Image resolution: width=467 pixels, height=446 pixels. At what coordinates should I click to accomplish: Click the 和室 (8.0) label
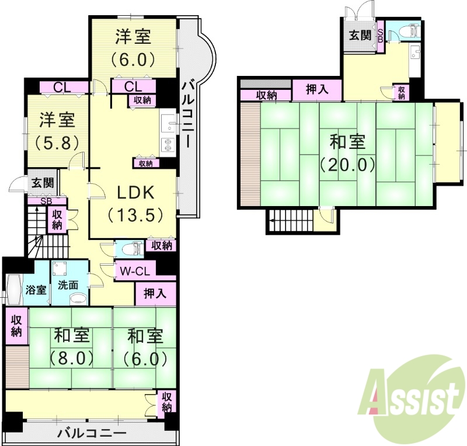tap(72, 347)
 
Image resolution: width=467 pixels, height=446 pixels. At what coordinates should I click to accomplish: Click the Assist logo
tap(412, 399)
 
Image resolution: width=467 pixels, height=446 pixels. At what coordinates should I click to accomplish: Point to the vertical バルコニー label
tap(188, 114)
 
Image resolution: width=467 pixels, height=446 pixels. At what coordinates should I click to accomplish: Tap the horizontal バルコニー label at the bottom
tap(92, 434)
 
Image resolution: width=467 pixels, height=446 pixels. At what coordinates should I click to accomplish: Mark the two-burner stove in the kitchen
tap(168, 144)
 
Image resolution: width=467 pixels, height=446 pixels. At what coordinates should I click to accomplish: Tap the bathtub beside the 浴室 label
tap(13, 290)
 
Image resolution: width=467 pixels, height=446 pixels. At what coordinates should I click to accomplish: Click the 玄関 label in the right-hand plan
tap(360, 34)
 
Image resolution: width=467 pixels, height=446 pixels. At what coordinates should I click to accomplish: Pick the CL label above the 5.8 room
tap(62, 88)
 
